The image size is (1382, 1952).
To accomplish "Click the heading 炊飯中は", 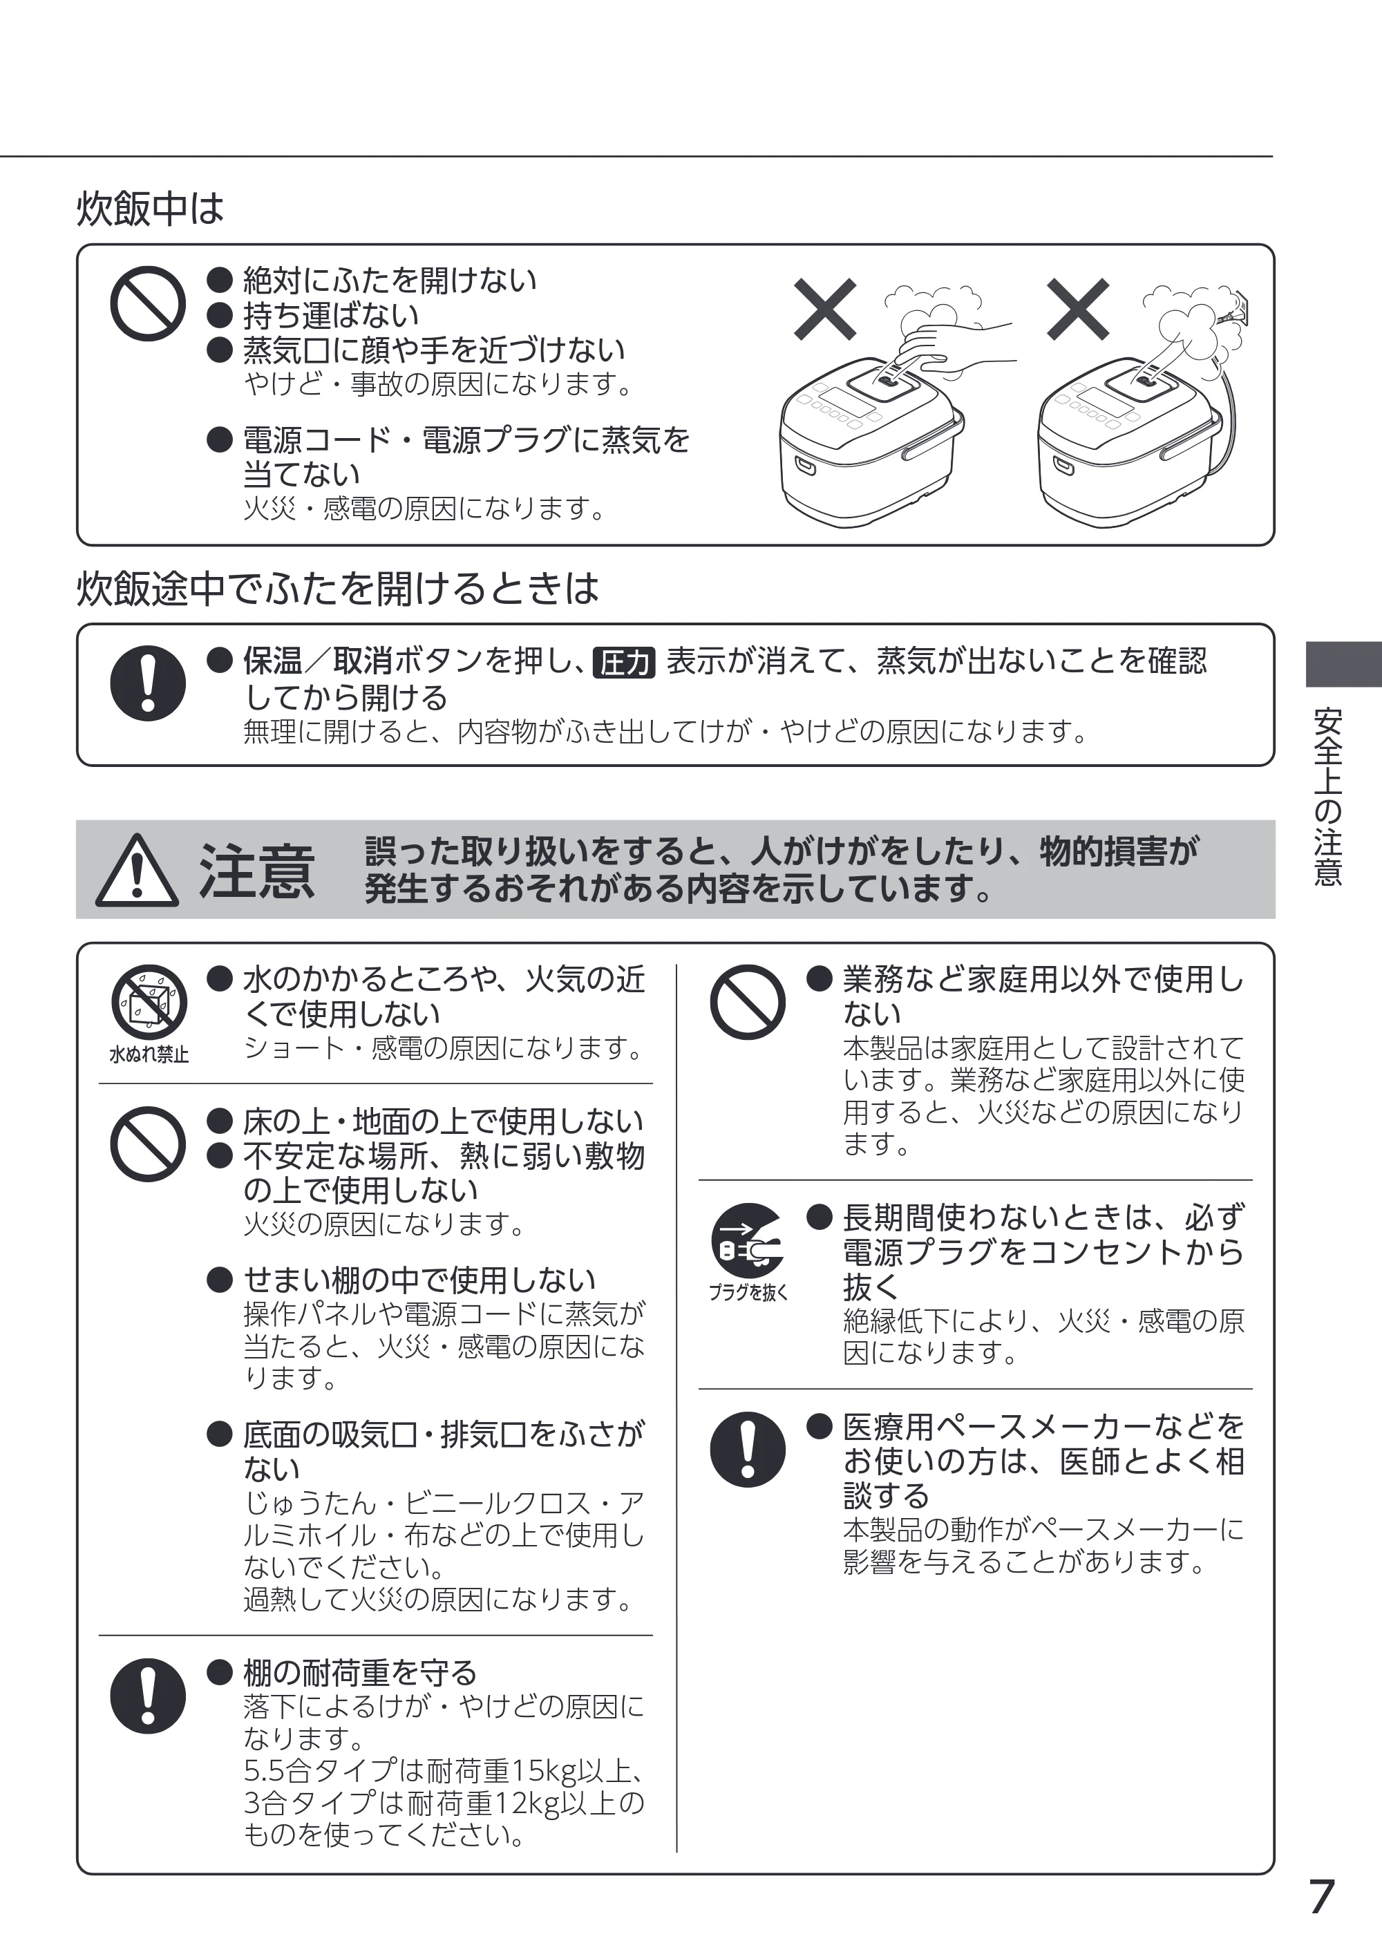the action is (x=150, y=209).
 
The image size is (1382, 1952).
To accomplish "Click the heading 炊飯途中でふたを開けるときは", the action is (x=338, y=588).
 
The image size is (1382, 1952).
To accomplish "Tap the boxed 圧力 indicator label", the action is (x=624, y=662).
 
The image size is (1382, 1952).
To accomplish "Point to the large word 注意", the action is (x=257, y=871).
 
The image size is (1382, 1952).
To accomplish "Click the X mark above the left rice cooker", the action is (x=824, y=309).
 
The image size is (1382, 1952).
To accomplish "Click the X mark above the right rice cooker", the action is (x=1078, y=309).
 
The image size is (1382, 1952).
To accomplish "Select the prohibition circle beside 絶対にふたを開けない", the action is (x=148, y=304).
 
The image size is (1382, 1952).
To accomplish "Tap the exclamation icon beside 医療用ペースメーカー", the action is (x=748, y=1449).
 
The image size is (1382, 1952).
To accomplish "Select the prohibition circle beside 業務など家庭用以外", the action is (x=748, y=1001).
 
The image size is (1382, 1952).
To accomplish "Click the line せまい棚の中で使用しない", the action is (x=419, y=1279).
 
